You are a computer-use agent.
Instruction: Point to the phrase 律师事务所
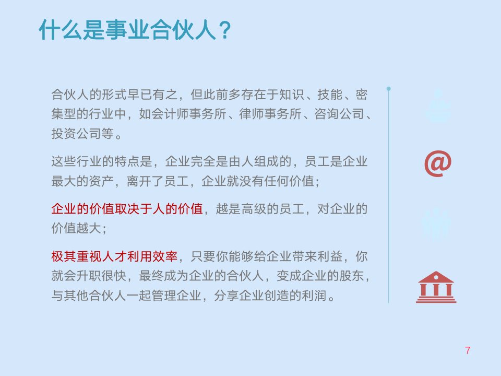point(270,114)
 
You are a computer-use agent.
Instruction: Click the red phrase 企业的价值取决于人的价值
point(127,209)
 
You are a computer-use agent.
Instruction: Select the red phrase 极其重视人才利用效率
point(114,256)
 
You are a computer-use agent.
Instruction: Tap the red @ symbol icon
point(437,164)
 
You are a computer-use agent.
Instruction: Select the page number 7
point(468,350)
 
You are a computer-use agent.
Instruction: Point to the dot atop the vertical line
point(388,89)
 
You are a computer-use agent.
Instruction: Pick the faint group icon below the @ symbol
point(436,224)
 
